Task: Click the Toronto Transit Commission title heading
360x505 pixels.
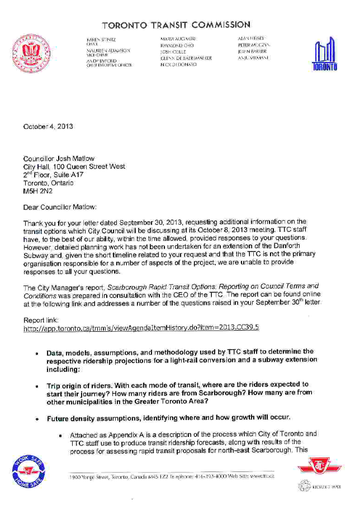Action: coord(176,25)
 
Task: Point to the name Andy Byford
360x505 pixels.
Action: coord(104,61)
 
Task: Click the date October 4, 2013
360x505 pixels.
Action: coord(48,127)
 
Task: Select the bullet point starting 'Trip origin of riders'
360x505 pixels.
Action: coord(177,393)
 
